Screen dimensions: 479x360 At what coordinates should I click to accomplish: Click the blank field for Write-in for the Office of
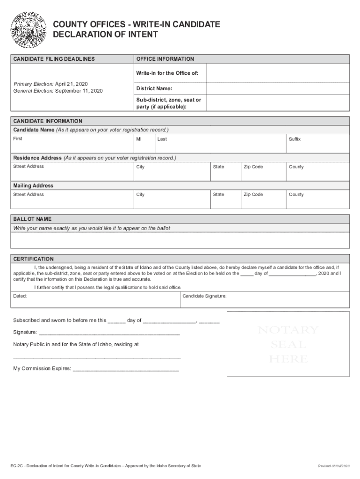click(x=277, y=73)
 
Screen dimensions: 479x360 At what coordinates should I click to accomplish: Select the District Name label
click(x=154, y=89)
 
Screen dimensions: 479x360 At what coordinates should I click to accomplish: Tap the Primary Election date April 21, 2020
click(x=72, y=83)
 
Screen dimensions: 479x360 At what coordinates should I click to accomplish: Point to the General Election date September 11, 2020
click(x=79, y=91)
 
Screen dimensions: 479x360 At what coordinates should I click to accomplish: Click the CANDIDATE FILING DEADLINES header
click(x=54, y=59)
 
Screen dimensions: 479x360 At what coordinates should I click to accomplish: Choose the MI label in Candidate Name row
click(x=139, y=139)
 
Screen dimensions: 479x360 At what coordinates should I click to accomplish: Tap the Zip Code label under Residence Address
click(x=253, y=167)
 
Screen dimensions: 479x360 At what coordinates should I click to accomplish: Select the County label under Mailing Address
click(x=296, y=195)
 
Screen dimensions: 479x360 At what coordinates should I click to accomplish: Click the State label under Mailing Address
click(x=218, y=195)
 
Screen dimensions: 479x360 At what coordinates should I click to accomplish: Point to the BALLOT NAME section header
click(x=32, y=219)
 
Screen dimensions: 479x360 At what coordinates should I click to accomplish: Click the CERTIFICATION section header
click(x=33, y=259)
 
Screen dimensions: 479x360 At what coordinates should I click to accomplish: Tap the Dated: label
click(x=20, y=296)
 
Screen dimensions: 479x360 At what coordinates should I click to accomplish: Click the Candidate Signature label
click(x=204, y=296)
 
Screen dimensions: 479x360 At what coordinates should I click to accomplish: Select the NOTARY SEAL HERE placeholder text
click(x=288, y=345)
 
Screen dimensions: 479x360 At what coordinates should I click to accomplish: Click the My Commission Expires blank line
click(x=126, y=369)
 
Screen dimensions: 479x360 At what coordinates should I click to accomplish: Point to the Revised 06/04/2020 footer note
click(x=333, y=466)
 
